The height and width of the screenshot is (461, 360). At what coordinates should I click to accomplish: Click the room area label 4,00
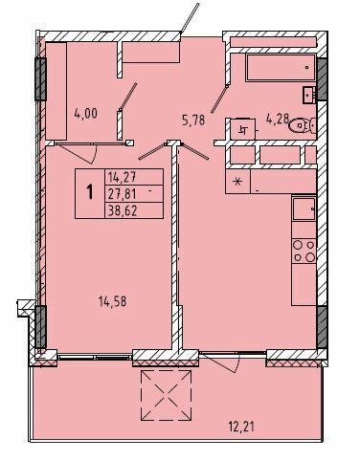coord(85,112)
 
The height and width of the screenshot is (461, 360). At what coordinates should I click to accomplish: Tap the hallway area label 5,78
coord(195,120)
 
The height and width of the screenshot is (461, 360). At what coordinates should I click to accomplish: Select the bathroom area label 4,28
coord(278,121)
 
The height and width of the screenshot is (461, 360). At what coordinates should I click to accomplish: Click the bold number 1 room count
coord(91,190)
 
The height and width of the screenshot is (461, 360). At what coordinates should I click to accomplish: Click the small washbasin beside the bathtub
coord(308,93)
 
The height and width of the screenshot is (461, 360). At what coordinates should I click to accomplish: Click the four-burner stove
coord(304,251)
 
